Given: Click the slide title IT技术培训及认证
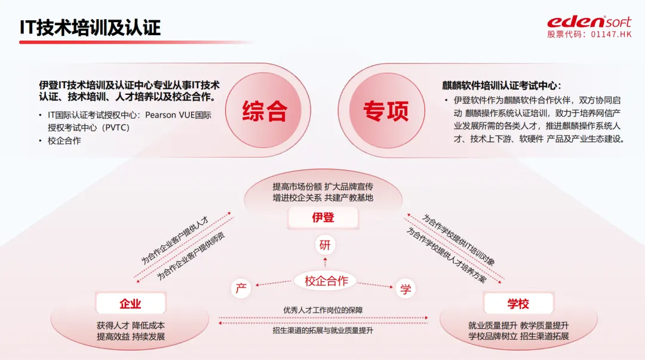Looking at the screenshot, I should click(x=90, y=27).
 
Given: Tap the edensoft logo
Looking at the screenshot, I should click(x=589, y=21).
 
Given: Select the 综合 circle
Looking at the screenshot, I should click(x=265, y=111).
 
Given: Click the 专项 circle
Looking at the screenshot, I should click(x=386, y=111).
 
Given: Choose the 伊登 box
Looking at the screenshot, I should click(x=323, y=217).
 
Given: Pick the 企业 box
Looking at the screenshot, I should click(x=130, y=304).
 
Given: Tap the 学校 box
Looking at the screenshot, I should click(x=518, y=304).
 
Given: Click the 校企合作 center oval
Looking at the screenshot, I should click(x=326, y=281).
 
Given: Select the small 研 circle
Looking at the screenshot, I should click(x=324, y=245).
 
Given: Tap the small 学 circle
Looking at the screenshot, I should click(x=406, y=290).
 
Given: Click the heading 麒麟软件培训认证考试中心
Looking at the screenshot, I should click(x=502, y=85).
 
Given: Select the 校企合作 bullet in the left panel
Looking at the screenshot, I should click(x=64, y=141).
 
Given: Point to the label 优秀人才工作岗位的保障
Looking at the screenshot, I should click(x=322, y=310).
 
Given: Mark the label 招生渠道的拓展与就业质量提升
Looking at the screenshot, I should click(x=323, y=330).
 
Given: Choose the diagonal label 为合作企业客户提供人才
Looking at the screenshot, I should click(x=174, y=240).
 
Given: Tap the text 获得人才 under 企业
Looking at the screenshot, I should click(x=113, y=325).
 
